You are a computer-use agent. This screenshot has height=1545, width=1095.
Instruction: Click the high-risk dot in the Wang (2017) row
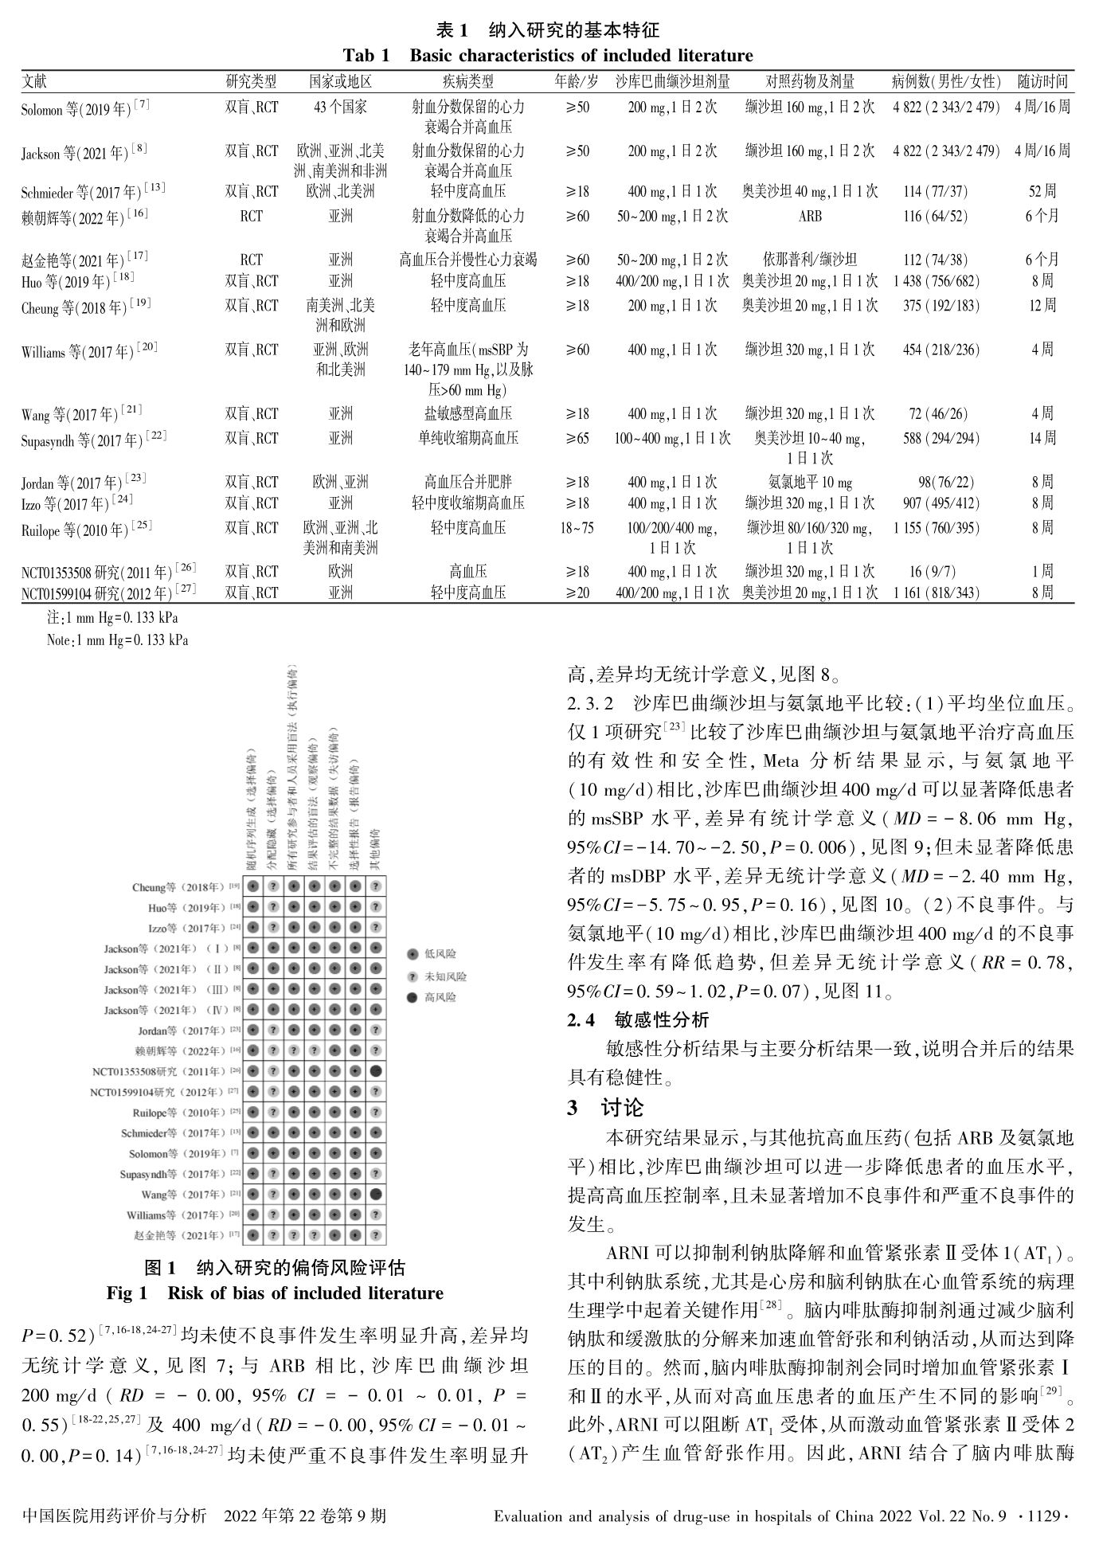[x=376, y=1194]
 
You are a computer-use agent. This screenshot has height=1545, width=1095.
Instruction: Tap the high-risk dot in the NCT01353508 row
[x=376, y=1070]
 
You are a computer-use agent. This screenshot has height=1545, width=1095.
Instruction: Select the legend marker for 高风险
[x=411, y=997]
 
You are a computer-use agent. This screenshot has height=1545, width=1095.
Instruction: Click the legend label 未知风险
[x=446, y=976]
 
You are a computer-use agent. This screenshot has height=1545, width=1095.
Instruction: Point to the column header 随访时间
[x=1042, y=81]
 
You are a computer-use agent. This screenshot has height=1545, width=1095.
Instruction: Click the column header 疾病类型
[x=467, y=81]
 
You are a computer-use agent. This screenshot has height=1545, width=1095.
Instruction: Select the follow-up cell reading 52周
[x=1042, y=191]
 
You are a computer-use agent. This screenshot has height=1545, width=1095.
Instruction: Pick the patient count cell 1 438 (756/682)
[x=937, y=281]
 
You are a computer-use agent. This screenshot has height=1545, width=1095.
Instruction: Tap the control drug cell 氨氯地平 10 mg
[x=811, y=482]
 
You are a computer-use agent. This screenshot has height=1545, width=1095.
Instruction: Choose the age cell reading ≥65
[x=577, y=438]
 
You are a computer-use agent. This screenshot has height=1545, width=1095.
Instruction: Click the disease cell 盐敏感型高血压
[x=467, y=413]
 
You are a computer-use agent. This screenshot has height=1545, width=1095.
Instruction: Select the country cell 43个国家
[x=340, y=107]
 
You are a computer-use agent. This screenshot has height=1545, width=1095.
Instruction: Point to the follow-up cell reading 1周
[x=1042, y=571]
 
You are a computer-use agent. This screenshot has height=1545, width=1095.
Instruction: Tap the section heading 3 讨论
[x=605, y=1108]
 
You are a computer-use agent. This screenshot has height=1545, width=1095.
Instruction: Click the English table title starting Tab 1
[x=547, y=56]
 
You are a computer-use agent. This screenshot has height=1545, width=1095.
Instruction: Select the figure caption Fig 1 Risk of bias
[x=275, y=1293]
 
